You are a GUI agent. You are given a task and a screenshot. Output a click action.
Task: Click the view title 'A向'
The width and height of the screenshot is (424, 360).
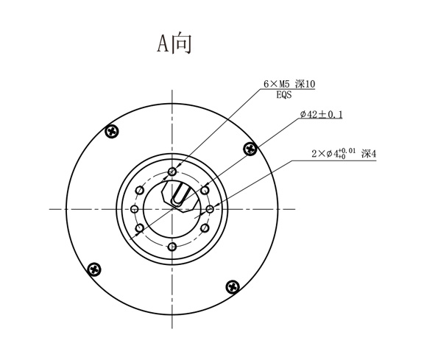coord(174,43)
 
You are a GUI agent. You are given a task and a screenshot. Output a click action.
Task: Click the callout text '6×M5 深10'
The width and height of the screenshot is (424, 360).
coord(289,85)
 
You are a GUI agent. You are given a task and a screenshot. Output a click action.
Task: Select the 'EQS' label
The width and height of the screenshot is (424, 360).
coord(285,96)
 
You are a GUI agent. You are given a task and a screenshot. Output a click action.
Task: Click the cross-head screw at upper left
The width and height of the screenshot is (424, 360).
coord(112,132)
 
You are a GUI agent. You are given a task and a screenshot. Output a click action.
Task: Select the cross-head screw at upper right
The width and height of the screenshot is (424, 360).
coord(251,149)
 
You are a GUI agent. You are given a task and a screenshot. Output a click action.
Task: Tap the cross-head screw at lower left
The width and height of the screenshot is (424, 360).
coord(93,269)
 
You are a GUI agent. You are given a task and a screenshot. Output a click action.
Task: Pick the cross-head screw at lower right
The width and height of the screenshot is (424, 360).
coord(233,286)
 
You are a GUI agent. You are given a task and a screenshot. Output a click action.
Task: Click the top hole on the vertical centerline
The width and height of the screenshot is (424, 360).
coord(172,172)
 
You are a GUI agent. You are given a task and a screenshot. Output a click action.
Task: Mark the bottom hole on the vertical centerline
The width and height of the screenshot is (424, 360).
coord(172,247)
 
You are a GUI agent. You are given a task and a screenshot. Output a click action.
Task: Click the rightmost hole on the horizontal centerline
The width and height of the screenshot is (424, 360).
coord(210,209)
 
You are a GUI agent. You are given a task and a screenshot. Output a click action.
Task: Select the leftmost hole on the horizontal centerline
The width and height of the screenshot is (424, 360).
coord(135,209)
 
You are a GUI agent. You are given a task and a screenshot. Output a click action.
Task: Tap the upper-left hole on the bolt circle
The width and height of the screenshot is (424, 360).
coord(139,190)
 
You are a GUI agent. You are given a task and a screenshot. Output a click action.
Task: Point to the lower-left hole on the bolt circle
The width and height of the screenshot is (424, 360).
coord(139,227)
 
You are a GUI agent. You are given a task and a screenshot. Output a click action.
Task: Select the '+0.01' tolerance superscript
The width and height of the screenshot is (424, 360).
coord(347,150)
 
